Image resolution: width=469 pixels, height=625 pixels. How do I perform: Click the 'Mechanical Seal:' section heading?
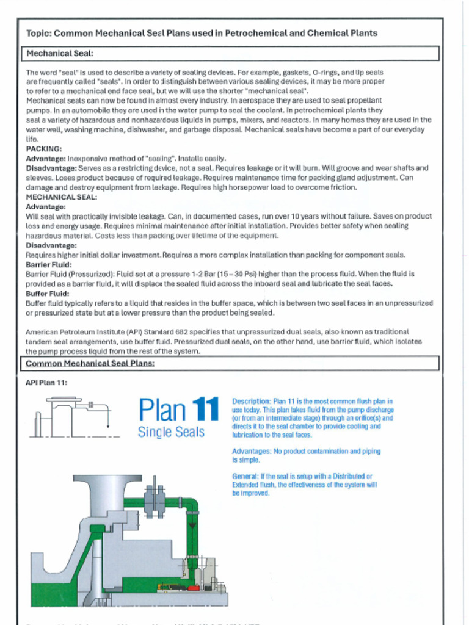[59, 54]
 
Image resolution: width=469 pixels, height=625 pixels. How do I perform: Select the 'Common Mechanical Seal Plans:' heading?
[90, 364]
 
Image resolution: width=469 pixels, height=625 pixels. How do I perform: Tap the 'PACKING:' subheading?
[43, 148]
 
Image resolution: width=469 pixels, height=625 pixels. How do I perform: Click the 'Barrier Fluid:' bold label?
[49, 265]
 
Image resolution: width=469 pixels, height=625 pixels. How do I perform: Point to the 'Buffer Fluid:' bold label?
[47, 294]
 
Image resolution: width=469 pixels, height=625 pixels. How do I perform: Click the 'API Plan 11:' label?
[46, 383]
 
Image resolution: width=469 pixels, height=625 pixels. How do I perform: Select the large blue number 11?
[205, 410]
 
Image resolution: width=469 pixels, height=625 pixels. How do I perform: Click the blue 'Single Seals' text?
[171, 432]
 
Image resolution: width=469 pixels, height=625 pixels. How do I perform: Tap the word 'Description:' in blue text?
[251, 401]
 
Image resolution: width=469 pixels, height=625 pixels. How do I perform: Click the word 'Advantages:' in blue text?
[252, 452]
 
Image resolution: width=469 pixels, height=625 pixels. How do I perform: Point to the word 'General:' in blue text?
[245, 476]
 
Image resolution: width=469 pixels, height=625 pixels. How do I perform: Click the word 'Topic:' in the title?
[39, 33]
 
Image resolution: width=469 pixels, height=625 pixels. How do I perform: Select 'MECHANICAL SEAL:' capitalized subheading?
[61, 197]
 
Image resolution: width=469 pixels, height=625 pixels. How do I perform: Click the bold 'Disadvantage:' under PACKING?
[51, 168]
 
